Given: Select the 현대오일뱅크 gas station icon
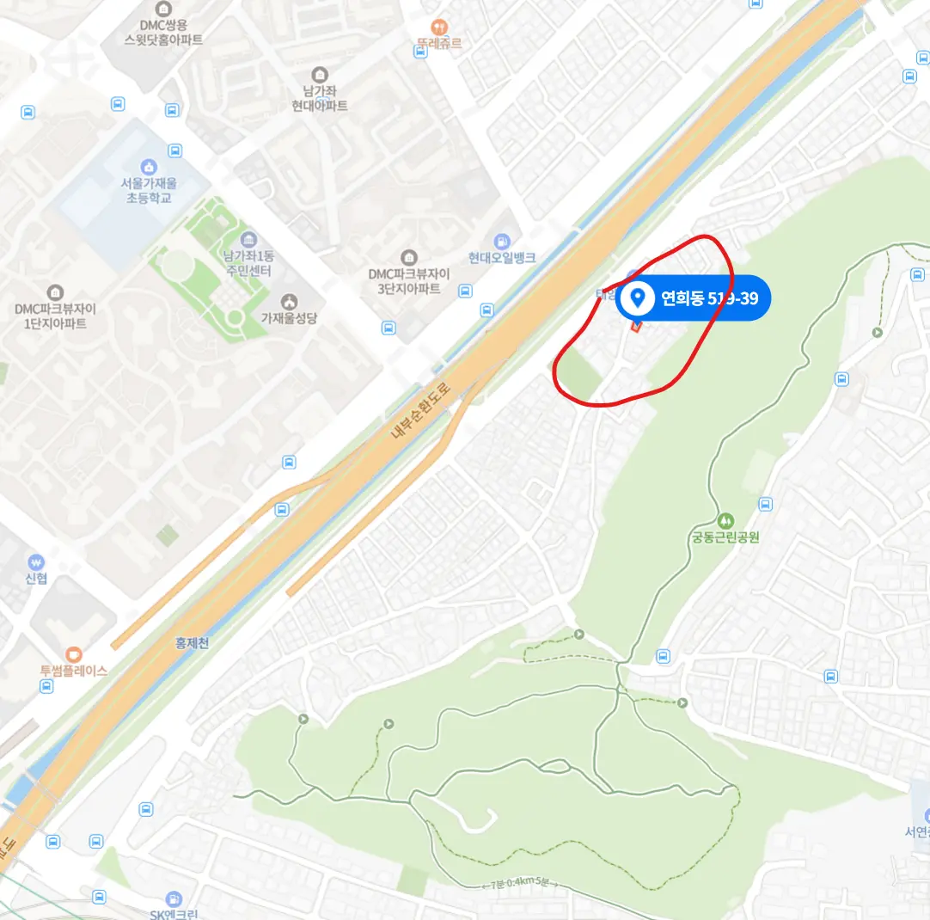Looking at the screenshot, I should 503,241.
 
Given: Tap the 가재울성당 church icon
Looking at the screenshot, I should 290,301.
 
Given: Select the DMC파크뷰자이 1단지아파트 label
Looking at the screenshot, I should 55,316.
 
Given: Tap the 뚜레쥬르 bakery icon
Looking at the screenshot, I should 439,28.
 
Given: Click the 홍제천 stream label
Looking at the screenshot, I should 192,642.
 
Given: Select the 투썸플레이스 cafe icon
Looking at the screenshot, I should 73,653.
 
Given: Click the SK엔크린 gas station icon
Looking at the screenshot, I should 174,899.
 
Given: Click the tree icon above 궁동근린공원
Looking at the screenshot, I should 725,520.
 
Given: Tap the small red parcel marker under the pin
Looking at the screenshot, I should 636,325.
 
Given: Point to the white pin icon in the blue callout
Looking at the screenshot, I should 638,298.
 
